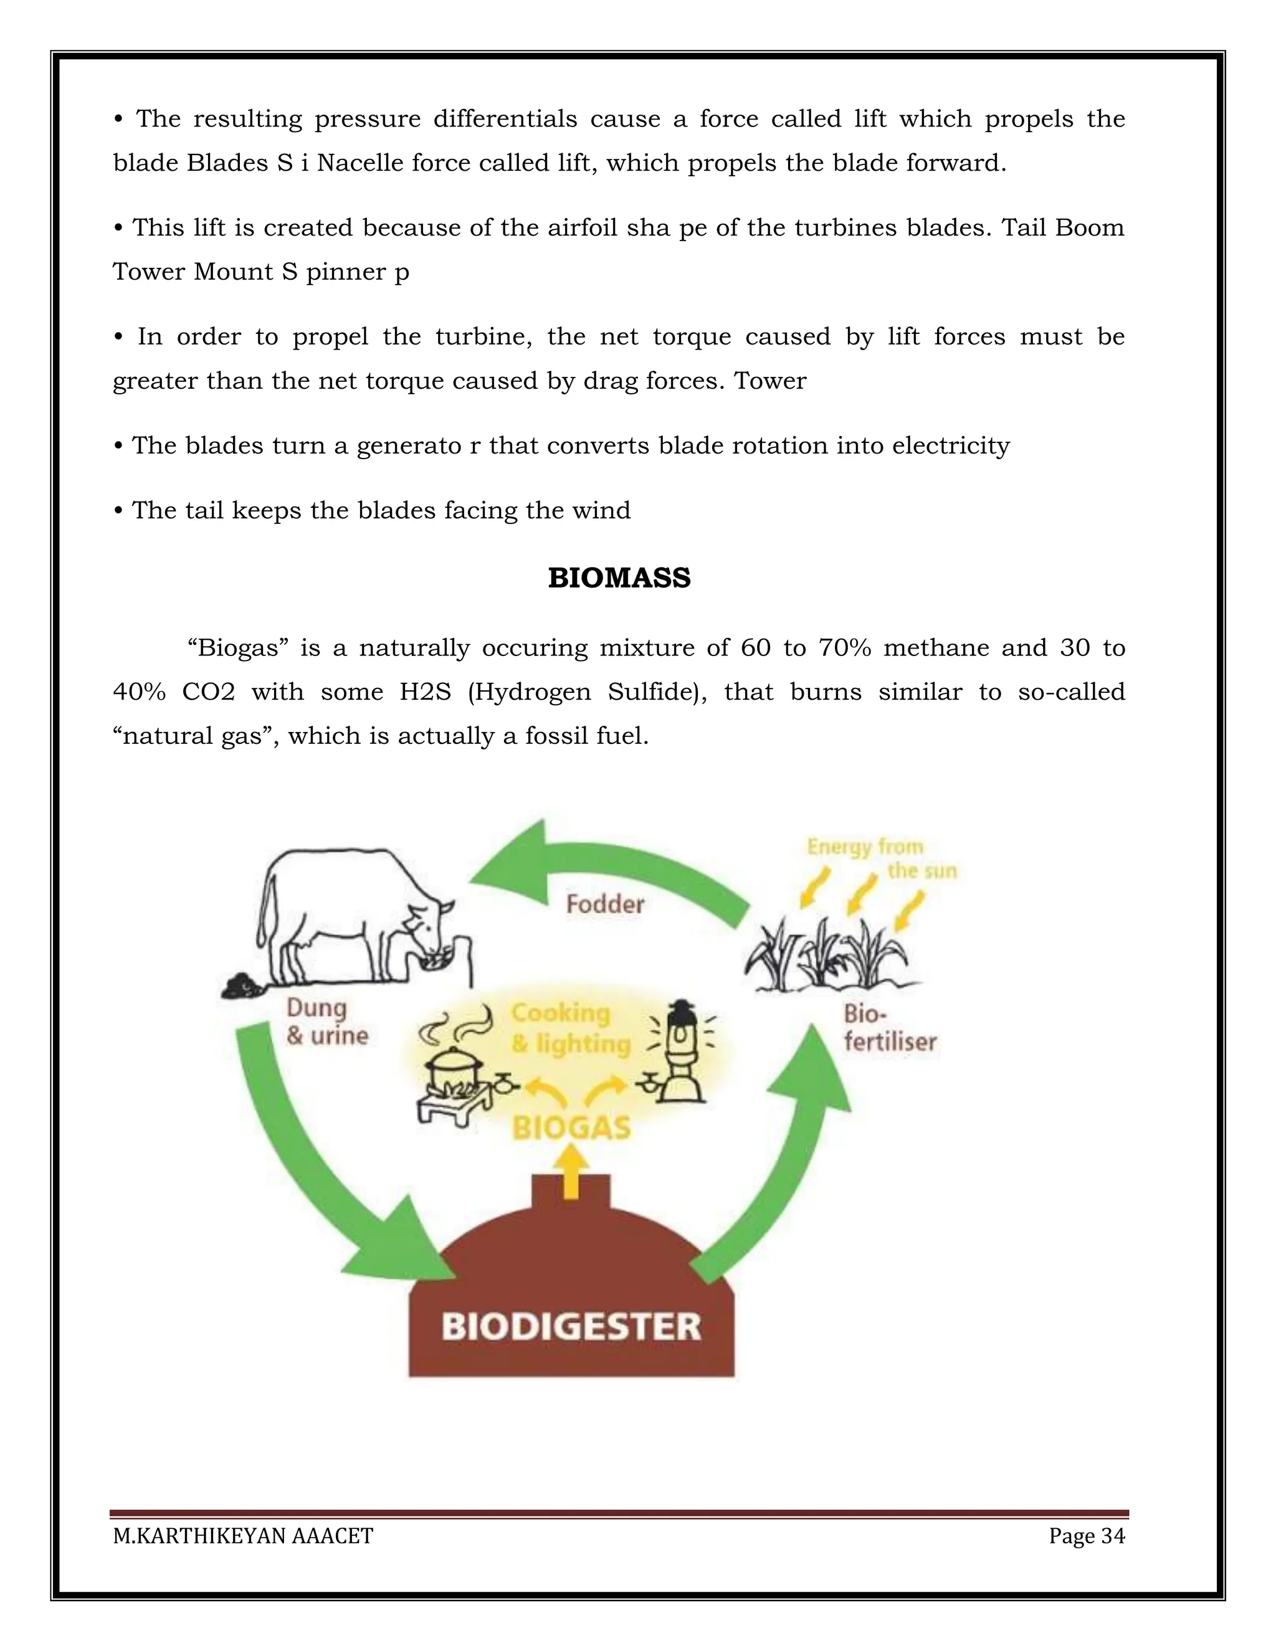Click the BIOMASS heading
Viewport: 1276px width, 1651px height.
tap(619, 578)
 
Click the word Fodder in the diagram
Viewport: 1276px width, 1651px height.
tap(605, 904)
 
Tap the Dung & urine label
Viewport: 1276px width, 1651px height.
tap(326, 1021)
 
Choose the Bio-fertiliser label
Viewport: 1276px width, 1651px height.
tap(889, 1028)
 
